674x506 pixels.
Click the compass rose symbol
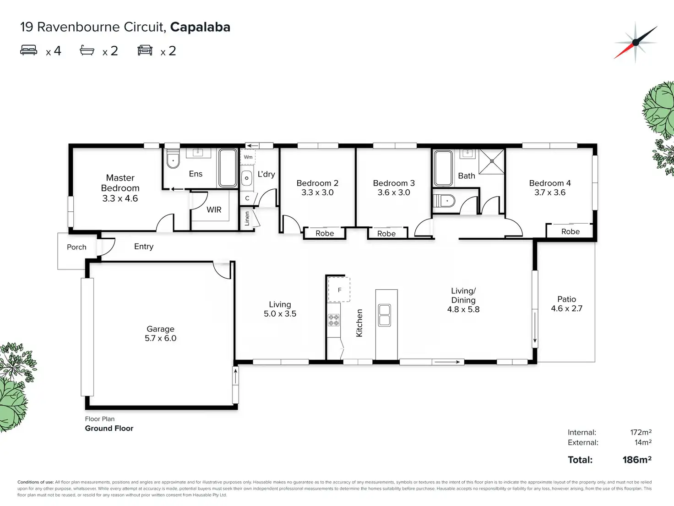636,43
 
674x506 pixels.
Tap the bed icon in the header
28,50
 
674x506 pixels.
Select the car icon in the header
145,50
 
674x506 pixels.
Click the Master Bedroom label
120,183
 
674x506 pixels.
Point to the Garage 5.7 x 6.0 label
161,333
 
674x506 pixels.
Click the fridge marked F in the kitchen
339,289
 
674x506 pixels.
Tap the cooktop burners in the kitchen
334,320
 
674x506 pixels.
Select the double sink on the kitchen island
385,315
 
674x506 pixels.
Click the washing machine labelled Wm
248,157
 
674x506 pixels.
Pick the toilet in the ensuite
173,159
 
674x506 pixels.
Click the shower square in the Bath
492,161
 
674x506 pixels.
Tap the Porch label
76,247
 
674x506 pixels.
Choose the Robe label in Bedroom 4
570,231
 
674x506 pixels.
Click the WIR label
214,210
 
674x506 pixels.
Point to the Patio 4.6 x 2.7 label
566,304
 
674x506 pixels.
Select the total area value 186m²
637,460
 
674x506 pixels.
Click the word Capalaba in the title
200,27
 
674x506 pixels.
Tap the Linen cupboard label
247,219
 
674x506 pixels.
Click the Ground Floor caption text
109,428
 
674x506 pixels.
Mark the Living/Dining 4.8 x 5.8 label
463,300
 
